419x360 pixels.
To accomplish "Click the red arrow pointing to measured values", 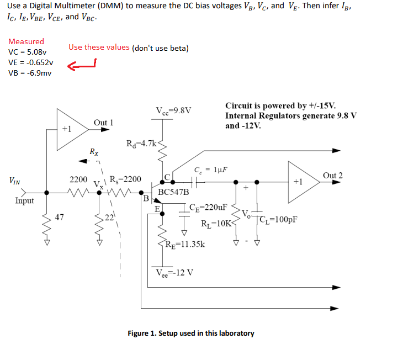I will coord(81,66).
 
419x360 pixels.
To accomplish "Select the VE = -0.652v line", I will coord(31,62).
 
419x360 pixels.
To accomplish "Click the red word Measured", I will coord(26,41).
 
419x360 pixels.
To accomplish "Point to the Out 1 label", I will coord(103,123).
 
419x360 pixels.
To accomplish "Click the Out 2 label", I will coord(333,176).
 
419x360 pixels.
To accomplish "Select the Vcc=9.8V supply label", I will coord(174,110).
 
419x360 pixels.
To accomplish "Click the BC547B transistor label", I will coord(173,193).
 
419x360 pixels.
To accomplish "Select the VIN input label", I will coord(16,180).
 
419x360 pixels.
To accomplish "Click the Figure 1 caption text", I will coord(190,333).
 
